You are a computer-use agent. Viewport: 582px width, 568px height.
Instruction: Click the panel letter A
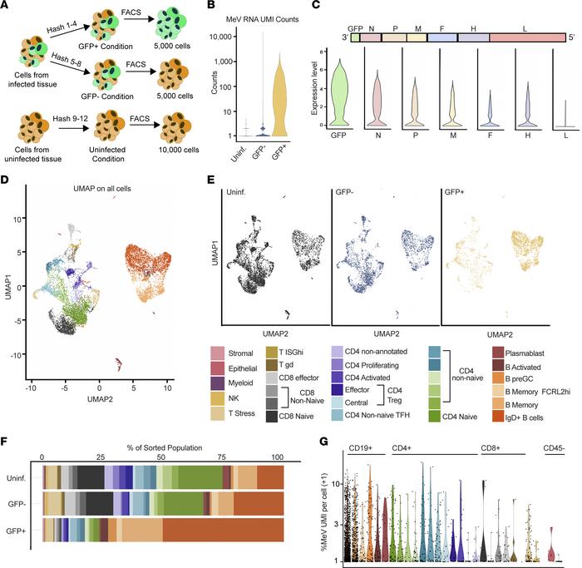pos(7,7)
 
